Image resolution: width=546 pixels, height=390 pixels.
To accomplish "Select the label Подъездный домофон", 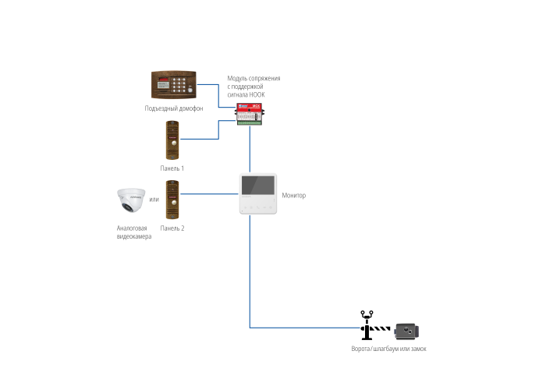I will click(174, 108).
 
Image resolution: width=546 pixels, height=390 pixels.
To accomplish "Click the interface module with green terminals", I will click(250, 113).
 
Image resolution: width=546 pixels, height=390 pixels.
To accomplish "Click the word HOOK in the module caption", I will click(257, 94).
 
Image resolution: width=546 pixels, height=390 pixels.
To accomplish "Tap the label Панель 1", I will click(172, 168).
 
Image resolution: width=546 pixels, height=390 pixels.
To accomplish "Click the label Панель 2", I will click(172, 228).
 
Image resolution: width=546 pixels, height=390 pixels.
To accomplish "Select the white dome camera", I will click(132, 200).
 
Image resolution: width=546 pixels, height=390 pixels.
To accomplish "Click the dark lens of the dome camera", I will click(126, 207).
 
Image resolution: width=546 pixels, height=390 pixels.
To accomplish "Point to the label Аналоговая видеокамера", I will click(132, 232).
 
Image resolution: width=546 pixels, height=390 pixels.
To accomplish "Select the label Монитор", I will click(294, 195).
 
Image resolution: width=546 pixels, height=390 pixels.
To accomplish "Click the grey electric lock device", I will click(406, 331).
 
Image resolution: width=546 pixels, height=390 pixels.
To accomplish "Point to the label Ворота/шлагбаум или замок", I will click(389, 349).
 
